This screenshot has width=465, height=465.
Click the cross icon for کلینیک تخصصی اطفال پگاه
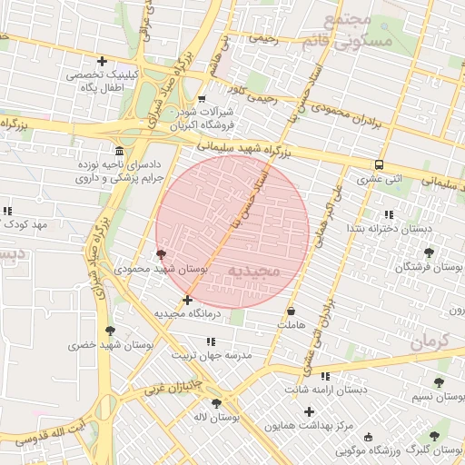(x=102, y=62)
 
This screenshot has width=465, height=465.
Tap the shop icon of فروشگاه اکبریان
(x=202, y=98)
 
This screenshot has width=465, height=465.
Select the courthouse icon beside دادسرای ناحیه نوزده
(x=120, y=150)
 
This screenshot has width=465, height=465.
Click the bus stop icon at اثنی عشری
(x=379, y=164)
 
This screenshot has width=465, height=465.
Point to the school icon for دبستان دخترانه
(x=389, y=214)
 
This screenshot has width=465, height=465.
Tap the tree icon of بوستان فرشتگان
(x=429, y=252)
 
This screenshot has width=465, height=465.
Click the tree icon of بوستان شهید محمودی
(x=161, y=255)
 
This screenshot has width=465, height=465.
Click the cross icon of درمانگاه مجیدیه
(x=187, y=300)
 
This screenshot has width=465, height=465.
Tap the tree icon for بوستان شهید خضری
(x=110, y=331)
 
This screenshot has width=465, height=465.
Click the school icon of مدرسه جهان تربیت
(x=211, y=341)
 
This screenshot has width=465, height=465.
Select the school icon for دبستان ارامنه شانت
(x=325, y=376)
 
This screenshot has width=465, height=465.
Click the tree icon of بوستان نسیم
(x=440, y=382)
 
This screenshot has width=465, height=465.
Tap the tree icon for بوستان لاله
(x=216, y=402)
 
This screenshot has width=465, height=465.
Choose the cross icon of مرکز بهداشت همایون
(x=309, y=411)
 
